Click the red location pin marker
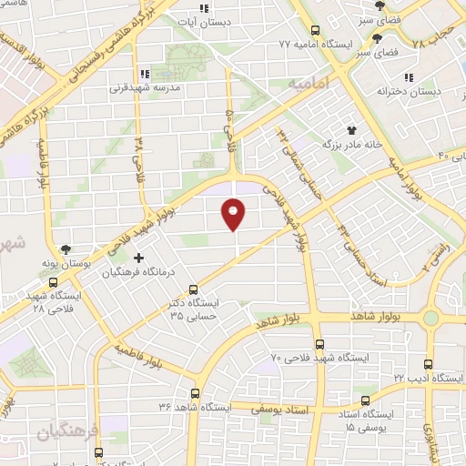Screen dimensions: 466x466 234,215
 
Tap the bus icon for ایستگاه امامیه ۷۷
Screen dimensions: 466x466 315,29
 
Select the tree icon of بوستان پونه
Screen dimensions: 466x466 66,248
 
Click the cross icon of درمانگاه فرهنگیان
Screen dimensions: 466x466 138,258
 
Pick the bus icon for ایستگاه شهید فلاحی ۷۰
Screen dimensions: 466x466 319,344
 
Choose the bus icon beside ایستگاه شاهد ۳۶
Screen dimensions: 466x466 194,393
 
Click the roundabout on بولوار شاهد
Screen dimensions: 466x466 431,319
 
